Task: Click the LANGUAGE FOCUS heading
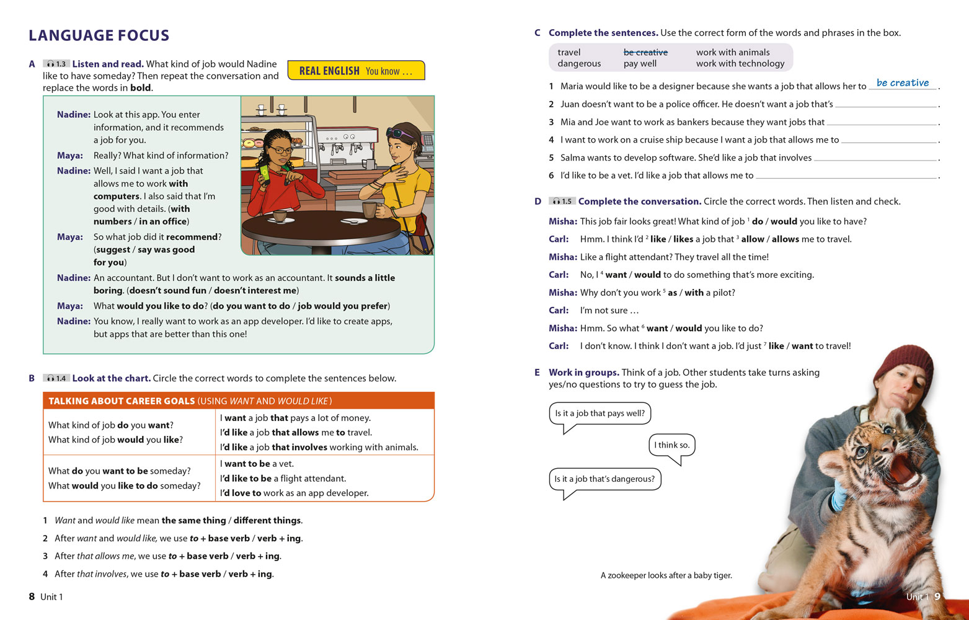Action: (x=99, y=35)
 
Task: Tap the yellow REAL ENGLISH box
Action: (x=356, y=71)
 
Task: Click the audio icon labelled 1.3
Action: (x=56, y=64)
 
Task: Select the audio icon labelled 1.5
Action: (x=562, y=201)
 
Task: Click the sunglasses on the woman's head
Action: (x=400, y=132)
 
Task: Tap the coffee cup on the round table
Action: (x=280, y=216)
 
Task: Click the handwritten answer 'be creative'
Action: (x=902, y=83)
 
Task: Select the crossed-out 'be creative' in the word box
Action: (x=645, y=53)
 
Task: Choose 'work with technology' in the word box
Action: (x=740, y=64)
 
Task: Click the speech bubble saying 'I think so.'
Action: (x=671, y=445)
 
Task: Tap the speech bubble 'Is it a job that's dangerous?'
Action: (x=604, y=479)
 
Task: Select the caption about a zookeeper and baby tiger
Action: (x=666, y=575)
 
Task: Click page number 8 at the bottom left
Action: (x=32, y=596)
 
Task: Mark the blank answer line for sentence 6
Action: (x=846, y=177)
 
